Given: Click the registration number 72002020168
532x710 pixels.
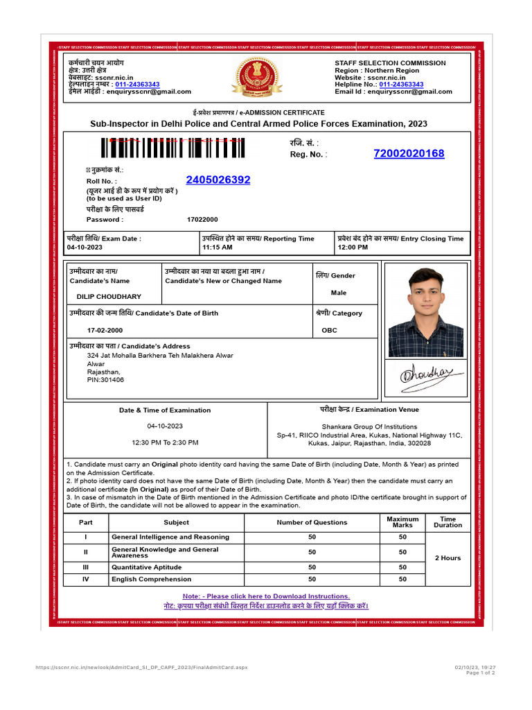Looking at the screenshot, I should click(409, 154).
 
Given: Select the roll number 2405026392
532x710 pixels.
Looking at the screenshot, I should click(218, 180).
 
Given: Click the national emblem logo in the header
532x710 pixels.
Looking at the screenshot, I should click(257, 78).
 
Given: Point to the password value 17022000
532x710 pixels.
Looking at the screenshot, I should click(202, 220).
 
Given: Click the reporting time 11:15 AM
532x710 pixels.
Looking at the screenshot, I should click(218, 247).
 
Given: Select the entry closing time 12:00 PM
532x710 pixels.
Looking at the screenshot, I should click(353, 247).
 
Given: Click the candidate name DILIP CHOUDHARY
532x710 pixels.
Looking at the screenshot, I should click(109, 297).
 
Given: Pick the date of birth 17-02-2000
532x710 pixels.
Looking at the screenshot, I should click(105, 330).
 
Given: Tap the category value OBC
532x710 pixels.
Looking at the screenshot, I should click(330, 330).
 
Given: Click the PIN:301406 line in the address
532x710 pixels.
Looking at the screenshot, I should click(106, 380).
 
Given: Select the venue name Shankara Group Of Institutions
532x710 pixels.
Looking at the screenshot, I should click(369, 426).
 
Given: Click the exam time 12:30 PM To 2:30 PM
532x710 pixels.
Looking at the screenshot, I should click(165, 442).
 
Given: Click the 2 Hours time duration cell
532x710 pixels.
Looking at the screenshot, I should click(447, 558).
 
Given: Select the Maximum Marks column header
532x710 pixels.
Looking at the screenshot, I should click(402, 522).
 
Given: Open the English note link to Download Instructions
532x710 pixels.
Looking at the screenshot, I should click(266, 596).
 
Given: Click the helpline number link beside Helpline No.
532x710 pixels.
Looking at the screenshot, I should click(401, 85).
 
